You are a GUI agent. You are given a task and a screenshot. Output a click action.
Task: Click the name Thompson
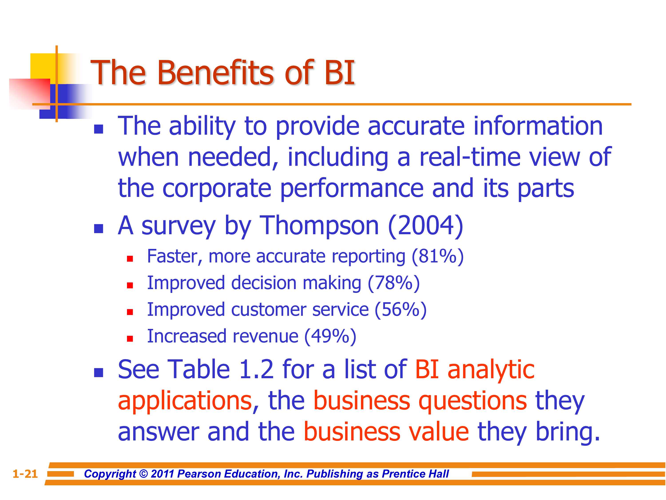[x=319, y=226]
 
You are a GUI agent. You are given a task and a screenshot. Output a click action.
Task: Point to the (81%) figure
[x=438, y=257]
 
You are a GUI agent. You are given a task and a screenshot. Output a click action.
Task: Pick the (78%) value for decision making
[x=394, y=283]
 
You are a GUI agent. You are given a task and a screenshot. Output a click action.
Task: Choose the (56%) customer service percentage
[x=400, y=310]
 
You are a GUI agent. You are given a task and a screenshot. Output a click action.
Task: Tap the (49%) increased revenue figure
[x=330, y=337]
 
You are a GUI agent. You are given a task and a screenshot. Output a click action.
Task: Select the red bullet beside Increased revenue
[x=130, y=339]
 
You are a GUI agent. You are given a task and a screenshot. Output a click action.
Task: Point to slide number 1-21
[x=25, y=474]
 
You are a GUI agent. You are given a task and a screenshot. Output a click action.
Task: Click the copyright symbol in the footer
[x=144, y=474]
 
